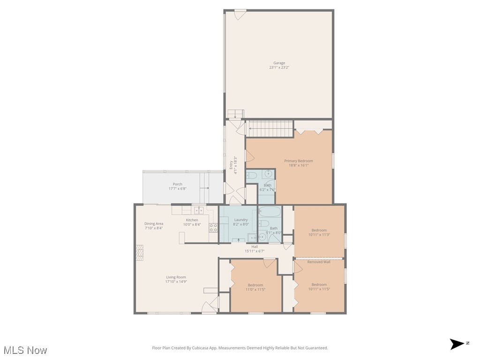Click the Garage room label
point(279,63)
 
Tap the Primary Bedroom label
point(299,161)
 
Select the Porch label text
point(177,184)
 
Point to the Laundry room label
point(241,219)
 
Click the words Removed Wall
point(319,262)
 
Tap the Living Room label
point(176,277)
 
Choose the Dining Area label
point(153,224)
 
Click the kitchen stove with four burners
point(213,228)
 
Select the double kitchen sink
point(199,210)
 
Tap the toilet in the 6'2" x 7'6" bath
point(252,176)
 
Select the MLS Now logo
point(25,350)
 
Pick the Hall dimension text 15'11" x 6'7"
point(255,251)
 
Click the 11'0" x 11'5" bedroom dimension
point(255,290)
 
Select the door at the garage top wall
point(240,14)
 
